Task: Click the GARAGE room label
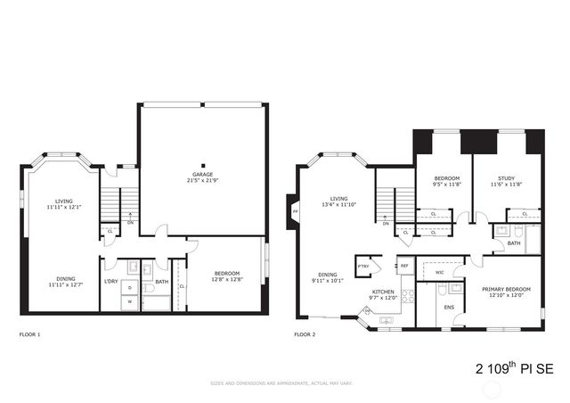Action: pyautogui.click(x=204, y=175)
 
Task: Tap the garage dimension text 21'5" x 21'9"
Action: pyautogui.click(x=204, y=181)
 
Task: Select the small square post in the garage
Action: pyautogui.click(x=204, y=165)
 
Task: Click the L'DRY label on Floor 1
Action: pyautogui.click(x=111, y=282)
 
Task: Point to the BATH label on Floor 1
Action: pyautogui.click(x=162, y=282)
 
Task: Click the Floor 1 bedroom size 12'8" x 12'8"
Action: pyautogui.click(x=225, y=279)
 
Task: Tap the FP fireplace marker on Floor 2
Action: pyautogui.click(x=295, y=212)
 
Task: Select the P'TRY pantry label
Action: pyautogui.click(x=363, y=266)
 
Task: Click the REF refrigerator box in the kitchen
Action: pyautogui.click(x=403, y=266)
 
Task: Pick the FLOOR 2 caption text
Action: pyautogui.click(x=305, y=335)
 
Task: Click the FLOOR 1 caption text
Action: pyautogui.click(x=29, y=335)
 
